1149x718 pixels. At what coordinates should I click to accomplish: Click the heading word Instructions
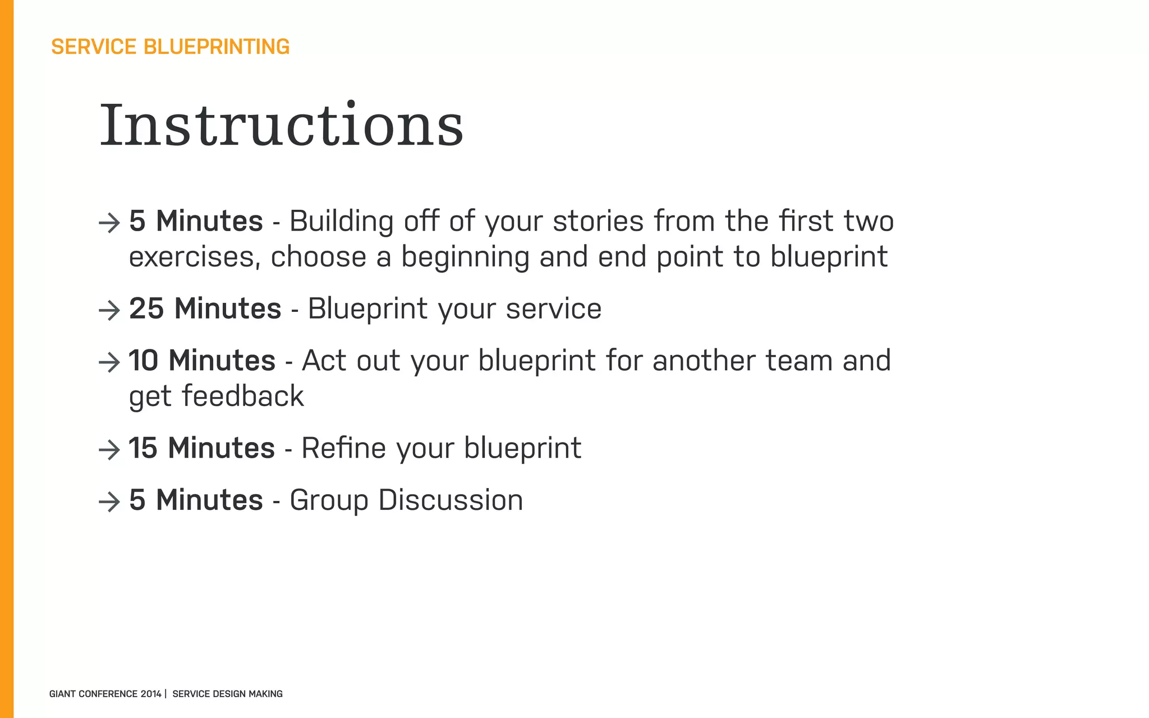pos(282,126)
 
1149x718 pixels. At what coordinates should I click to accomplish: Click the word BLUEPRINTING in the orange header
pos(217,47)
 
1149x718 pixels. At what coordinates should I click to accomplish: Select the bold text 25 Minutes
pos(205,309)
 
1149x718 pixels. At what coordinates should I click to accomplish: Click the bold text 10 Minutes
pos(202,360)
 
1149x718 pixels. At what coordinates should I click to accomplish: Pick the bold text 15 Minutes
pos(201,448)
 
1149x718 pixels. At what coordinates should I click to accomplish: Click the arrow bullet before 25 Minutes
pos(109,310)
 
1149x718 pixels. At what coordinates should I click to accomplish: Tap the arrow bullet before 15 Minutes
pos(109,449)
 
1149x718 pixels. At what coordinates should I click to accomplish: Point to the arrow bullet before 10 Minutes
pos(109,362)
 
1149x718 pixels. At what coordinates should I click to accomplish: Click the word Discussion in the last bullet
pos(451,500)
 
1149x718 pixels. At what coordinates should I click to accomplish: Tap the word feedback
pos(243,396)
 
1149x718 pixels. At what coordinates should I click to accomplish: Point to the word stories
pos(598,221)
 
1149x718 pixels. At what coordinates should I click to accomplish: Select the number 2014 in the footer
pos(151,694)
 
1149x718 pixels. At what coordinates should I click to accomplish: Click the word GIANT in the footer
pos(62,694)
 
